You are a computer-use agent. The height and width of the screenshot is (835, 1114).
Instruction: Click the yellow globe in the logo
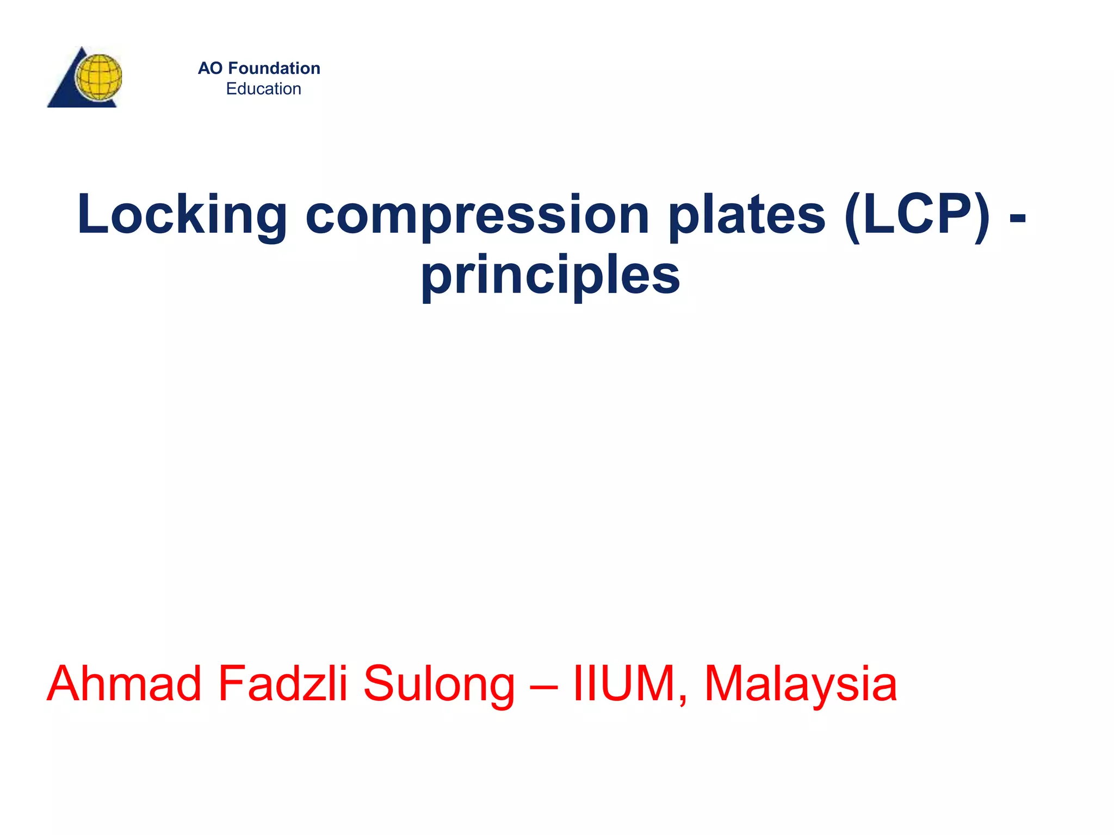pyautogui.click(x=98, y=77)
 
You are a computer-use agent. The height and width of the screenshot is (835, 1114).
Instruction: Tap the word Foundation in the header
pyautogui.click(x=274, y=68)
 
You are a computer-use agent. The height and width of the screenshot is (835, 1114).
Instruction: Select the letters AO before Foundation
pyautogui.click(x=210, y=68)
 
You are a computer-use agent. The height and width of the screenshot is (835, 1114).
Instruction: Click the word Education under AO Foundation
pyautogui.click(x=263, y=89)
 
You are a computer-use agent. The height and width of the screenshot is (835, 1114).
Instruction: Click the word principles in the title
pyautogui.click(x=550, y=275)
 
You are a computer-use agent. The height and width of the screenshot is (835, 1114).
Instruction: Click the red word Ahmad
pyautogui.click(x=124, y=684)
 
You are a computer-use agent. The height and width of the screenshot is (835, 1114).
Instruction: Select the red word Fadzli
pyautogui.click(x=282, y=684)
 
